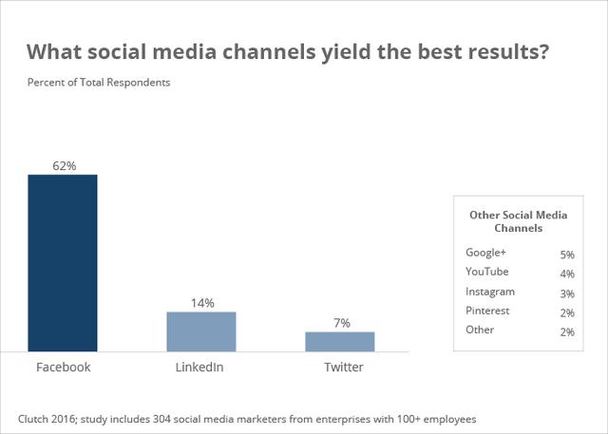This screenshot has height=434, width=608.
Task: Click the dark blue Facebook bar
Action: [x=63, y=263]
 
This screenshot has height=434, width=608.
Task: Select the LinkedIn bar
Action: [x=201, y=331]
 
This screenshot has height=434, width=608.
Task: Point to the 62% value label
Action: [x=64, y=165]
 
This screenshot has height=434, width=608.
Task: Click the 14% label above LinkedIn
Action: [x=202, y=303]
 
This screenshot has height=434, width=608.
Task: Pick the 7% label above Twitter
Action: [x=340, y=323]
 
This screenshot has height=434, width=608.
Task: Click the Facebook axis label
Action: [x=63, y=367]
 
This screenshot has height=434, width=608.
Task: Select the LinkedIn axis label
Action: [x=200, y=367]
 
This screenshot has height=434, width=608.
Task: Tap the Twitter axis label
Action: [x=339, y=367]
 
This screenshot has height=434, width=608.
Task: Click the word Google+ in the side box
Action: [x=486, y=253]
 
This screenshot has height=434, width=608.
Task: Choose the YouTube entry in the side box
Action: [x=487, y=272]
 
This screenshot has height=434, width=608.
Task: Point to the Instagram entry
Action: [x=490, y=292]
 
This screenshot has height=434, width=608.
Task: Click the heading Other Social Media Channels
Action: [x=518, y=221]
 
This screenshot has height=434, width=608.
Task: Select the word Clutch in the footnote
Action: [x=35, y=418]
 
